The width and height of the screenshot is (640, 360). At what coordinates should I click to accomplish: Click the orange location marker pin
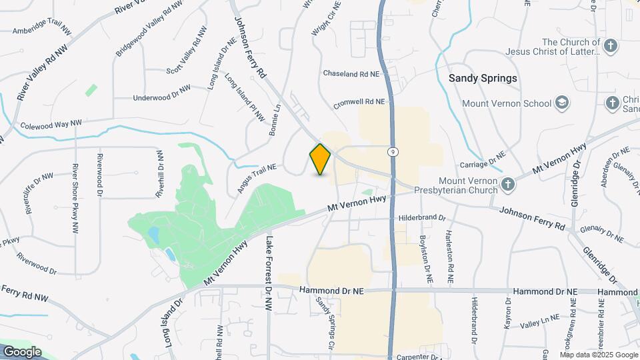coord(320,159)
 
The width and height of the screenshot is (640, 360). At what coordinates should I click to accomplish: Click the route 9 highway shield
coord(394,152)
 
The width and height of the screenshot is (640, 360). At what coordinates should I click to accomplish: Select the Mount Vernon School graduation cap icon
coord(562,103)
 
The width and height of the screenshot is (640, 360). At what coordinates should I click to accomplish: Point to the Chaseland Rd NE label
coord(351,73)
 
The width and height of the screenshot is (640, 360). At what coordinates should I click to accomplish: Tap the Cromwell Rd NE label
coord(360,102)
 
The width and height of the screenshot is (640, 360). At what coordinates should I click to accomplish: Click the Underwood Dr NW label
coord(162,93)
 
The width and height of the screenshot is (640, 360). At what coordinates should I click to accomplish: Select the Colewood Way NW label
coord(51,124)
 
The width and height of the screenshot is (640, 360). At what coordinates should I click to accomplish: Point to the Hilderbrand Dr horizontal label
coord(421,218)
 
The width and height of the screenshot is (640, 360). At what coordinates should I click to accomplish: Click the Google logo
coord(21,352)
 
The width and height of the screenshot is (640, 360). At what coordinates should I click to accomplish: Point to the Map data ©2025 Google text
coord(599,354)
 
